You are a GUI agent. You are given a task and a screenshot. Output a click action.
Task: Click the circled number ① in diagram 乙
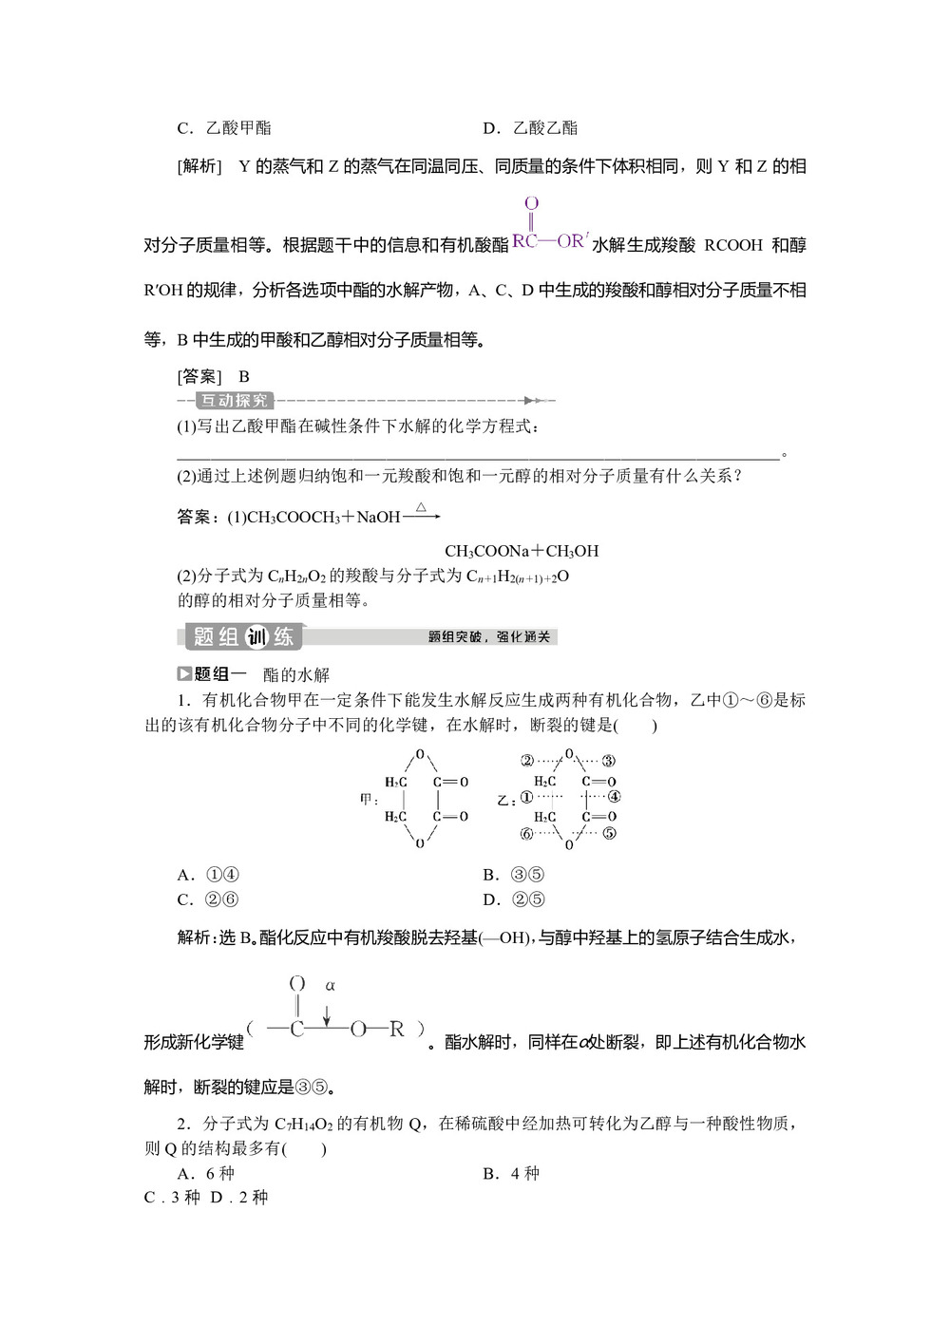tap(526, 798)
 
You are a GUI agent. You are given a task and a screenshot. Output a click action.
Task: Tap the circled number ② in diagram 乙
tap(527, 760)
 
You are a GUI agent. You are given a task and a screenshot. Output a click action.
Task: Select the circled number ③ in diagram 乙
tap(609, 760)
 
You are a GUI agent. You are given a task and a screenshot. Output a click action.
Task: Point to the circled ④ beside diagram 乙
tap(614, 798)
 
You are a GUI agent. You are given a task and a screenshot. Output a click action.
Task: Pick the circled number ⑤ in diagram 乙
tap(609, 834)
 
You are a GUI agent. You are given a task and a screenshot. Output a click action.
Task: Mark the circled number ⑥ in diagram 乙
tap(527, 834)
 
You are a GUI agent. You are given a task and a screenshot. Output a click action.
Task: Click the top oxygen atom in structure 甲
tap(420, 755)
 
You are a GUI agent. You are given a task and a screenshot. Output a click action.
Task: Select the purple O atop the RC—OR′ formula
tap(531, 203)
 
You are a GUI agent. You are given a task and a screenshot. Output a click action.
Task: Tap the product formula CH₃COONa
tap(486, 551)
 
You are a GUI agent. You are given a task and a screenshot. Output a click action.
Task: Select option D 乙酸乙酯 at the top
tap(532, 128)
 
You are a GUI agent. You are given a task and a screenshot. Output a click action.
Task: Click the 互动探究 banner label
tap(234, 401)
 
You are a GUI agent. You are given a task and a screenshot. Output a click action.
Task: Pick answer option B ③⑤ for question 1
tap(514, 875)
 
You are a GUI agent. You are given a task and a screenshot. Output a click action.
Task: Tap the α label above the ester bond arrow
tap(331, 985)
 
